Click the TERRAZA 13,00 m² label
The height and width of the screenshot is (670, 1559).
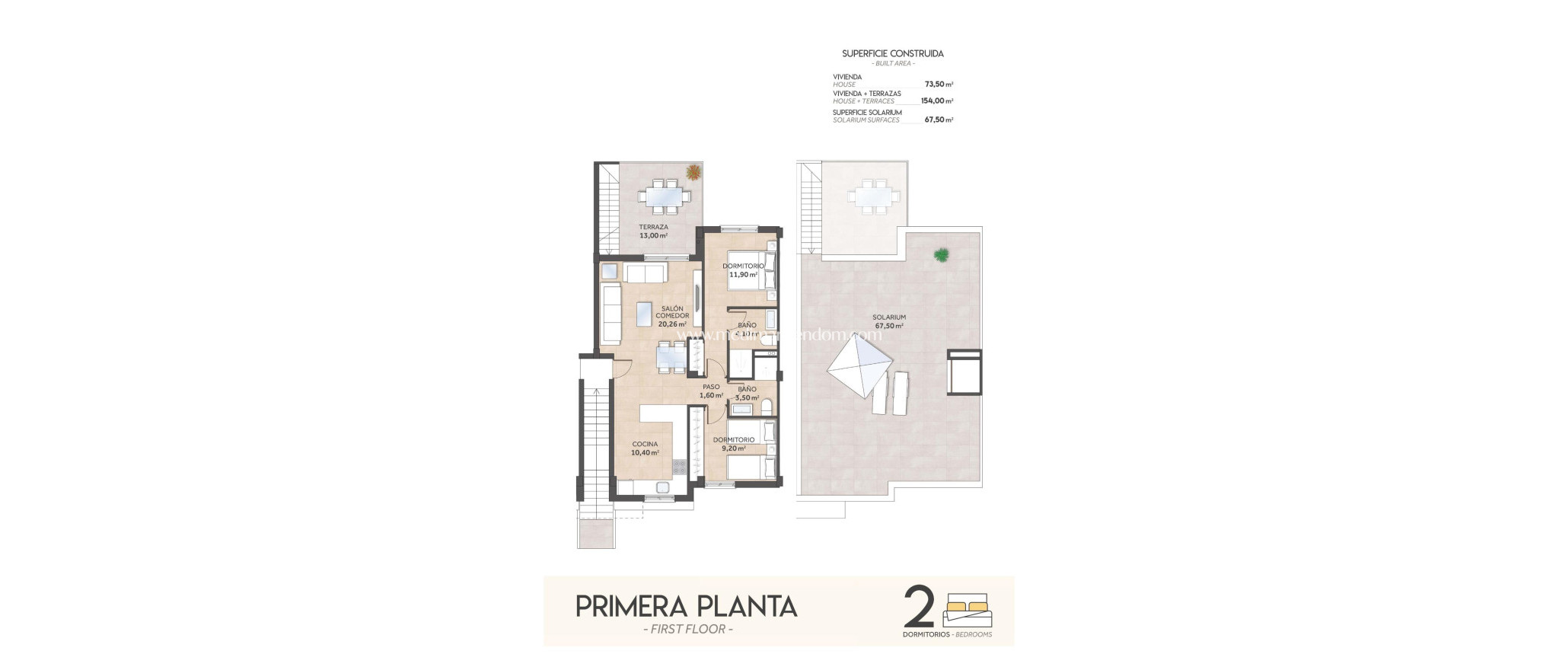click(x=653, y=231)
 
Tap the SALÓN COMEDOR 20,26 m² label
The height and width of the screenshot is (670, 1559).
click(x=672, y=316)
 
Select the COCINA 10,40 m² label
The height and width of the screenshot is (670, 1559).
click(x=645, y=448)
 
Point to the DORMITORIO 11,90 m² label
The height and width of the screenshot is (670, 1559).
click(x=743, y=270)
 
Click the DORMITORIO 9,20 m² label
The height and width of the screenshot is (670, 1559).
click(x=734, y=444)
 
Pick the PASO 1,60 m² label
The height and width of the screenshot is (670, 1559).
click(x=711, y=391)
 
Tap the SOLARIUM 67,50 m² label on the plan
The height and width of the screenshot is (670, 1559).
click(x=889, y=321)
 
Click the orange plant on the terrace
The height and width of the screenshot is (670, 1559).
click(x=693, y=172)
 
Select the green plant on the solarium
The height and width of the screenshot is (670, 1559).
click(x=942, y=255)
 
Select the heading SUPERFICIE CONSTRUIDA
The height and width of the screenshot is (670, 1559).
click(x=892, y=54)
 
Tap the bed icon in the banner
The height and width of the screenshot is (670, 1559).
click(x=967, y=611)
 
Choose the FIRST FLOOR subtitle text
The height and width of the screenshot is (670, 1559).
click(x=687, y=630)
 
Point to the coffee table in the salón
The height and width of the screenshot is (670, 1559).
click(x=644, y=314)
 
